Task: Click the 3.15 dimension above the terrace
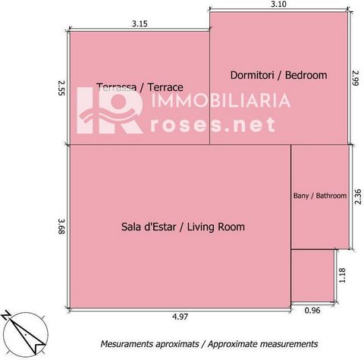pyautogui.click(x=140, y=23)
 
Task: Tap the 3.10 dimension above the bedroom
pyautogui.click(x=278, y=5)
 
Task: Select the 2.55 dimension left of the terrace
pyautogui.click(x=61, y=88)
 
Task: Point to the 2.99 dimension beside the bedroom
pyautogui.click(x=356, y=78)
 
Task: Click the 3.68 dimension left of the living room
pyautogui.click(x=61, y=227)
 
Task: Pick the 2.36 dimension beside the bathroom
pyautogui.click(x=358, y=197)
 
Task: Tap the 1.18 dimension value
pyautogui.click(x=342, y=275)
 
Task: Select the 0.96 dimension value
pyautogui.click(x=312, y=310)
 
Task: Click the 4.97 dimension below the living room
pyautogui.click(x=180, y=317)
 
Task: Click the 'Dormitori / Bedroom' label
pyautogui.click(x=278, y=75)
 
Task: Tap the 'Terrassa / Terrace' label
pyautogui.click(x=140, y=87)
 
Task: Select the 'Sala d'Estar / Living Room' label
pyautogui.click(x=183, y=227)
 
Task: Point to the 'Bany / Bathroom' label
pyautogui.click(x=320, y=196)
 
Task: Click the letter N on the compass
pyautogui.click(x=5, y=316)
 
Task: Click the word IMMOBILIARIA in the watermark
pyautogui.click(x=221, y=100)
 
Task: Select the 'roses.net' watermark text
pyautogui.click(x=213, y=124)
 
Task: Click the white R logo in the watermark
pyautogui.click(x=111, y=111)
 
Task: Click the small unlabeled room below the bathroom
pyautogui.click(x=313, y=276)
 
